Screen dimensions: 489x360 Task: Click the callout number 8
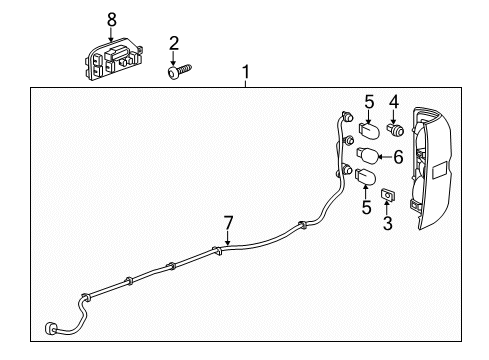pos(112,20)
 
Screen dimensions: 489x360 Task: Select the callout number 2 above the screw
pos(174,44)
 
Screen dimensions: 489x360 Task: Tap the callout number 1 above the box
pos(246,72)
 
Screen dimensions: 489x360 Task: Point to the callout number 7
pos(228,223)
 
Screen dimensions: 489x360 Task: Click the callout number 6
pos(398,157)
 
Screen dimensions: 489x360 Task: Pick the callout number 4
pos(394,102)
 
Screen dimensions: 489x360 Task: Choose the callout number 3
pos(388,223)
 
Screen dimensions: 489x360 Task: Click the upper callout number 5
pos(369,102)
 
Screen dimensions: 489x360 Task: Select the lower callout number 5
pos(366,207)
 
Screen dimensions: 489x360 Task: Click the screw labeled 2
pos(179,71)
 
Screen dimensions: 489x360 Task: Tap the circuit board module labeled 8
pos(113,59)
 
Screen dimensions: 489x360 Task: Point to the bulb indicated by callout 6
pos(367,155)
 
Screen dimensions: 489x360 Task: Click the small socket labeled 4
pos(395,130)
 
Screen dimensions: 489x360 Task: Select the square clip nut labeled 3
pos(387,194)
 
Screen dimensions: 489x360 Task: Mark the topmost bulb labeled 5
pos(368,129)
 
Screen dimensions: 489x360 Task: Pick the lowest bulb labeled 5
pos(366,176)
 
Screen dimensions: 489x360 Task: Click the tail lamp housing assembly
pos(431,168)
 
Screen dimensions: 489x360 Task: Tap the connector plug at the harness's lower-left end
pos(50,328)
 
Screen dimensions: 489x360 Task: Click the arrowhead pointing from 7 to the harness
pos(228,244)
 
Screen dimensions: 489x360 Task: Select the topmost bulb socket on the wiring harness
pos(347,117)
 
